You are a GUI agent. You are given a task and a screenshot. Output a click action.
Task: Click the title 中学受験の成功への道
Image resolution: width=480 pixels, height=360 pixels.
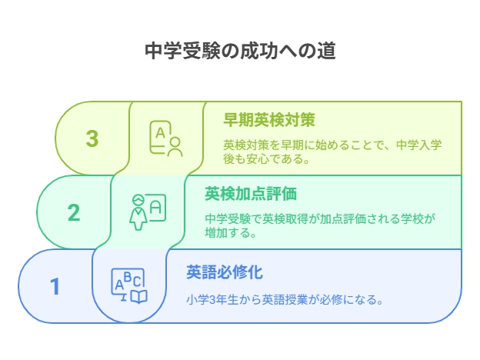pyautogui.click(x=240, y=51)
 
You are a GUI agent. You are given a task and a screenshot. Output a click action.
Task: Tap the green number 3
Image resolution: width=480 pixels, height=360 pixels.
pyautogui.click(x=92, y=138)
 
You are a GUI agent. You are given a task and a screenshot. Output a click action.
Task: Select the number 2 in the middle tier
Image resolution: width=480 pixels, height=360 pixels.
pyautogui.click(x=74, y=212)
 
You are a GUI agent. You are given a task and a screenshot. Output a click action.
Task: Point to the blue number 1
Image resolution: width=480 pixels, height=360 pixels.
pyautogui.click(x=55, y=286)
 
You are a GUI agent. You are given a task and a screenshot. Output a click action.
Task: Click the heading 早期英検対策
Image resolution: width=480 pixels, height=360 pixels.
pyautogui.click(x=269, y=120)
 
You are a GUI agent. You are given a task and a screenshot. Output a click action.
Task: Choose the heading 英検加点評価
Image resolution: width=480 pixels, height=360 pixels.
pyautogui.click(x=251, y=194)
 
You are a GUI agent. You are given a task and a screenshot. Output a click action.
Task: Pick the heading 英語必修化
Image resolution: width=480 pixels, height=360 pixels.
pyautogui.click(x=225, y=272)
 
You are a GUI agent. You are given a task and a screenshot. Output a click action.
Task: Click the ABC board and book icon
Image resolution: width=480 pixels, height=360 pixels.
pyautogui.click(x=129, y=286)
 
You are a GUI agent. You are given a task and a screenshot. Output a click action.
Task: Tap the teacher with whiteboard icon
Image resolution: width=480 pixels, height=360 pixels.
pyautogui.click(x=148, y=212)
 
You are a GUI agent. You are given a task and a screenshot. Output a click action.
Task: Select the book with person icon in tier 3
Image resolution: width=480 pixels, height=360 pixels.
pyautogui.click(x=166, y=138)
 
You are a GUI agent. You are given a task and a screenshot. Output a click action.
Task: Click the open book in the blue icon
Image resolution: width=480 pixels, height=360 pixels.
pyautogui.click(x=139, y=296)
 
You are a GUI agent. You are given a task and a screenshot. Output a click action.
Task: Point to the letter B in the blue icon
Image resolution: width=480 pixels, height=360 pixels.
pyautogui.click(x=128, y=276)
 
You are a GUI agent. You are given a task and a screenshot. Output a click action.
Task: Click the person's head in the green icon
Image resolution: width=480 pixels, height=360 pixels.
pyautogui.click(x=175, y=142)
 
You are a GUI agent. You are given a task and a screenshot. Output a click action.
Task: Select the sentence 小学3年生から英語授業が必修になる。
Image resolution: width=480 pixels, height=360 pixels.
pyautogui.click(x=285, y=300)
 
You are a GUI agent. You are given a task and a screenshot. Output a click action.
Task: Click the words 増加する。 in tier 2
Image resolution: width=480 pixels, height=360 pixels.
pyautogui.click(x=231, y=233)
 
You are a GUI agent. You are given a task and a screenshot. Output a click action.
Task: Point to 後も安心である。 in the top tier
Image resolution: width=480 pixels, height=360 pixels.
pyautogui.click(x=266, y=159)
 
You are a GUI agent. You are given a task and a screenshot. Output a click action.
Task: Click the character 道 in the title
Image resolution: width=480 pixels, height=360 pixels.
pyautogui.click(x=326, y=51)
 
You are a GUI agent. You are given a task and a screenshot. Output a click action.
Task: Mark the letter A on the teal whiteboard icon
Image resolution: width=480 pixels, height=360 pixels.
pyautogui.click(x=155, y=208)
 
